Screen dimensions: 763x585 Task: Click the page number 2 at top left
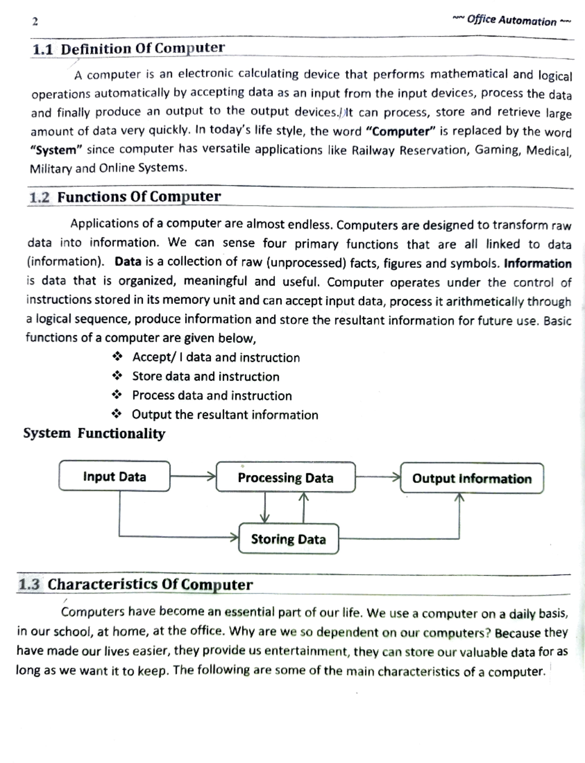(35, 21)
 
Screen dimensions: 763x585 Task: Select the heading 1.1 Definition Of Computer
(128, 48)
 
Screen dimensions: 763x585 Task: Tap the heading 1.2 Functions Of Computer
(125, 197)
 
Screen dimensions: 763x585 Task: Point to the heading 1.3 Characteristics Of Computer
(136, 584)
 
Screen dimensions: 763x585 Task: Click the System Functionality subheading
(94, 433)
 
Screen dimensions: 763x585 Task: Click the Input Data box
(115, 477)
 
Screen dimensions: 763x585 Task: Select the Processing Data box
(286, 477)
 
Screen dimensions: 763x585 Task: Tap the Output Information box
(471, 478)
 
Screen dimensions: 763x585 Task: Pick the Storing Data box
(288, 539)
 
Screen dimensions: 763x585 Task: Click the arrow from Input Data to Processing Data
(193, 476)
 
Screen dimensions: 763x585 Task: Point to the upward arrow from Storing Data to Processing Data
(304, 508)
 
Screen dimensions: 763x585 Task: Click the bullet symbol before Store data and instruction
(117, 376)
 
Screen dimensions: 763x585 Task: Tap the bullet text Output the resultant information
(225, 415)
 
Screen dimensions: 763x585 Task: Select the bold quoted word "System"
(53, 150)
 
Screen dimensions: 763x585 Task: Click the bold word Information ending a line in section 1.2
(537, 264)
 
